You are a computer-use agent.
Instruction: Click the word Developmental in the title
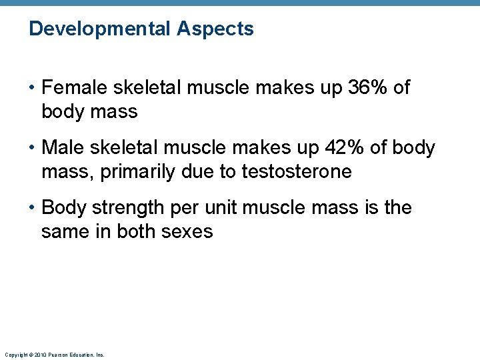pyautogui.click(x=101, y=29)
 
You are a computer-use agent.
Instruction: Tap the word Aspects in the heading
pyautogui.click(x=216, y=29)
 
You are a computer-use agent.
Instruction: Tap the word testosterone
pyautogui.click(x=296, y=172)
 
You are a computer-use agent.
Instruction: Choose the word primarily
pyautogui.click(x=131, y=172)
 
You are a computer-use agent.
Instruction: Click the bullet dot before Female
pyautogui.click(x=33, y=88)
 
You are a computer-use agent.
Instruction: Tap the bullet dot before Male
pyautogui.click(x=33, y=148)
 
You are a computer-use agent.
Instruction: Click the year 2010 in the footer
pyautogui.click(x=38, y=355)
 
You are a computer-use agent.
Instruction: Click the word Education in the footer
pyautogui.click(x=81, y=355)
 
